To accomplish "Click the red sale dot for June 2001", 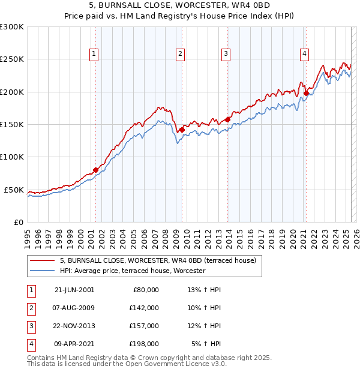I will pos(95,170).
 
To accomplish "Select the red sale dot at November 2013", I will pos(228,119).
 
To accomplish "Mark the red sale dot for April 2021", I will pos(306,93).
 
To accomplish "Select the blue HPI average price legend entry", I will pos(133,271).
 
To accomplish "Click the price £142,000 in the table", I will pos(145,308).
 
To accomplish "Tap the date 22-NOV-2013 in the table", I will pos(74,326).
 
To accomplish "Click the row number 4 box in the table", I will pos(30,344).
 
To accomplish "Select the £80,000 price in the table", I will pos(146,289).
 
